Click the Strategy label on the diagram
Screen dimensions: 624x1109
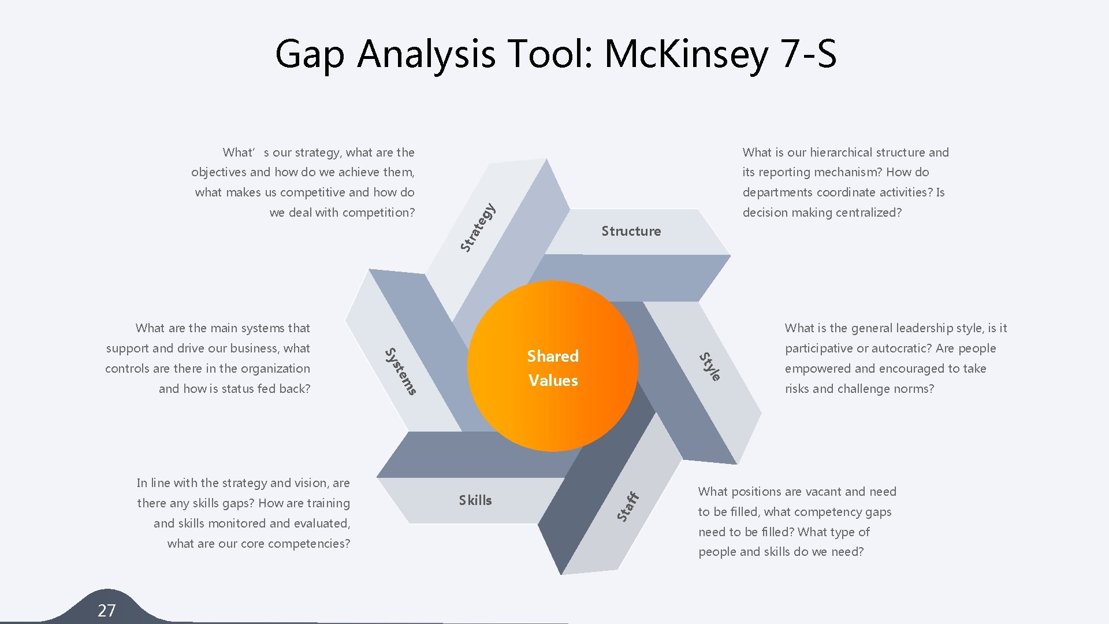478,228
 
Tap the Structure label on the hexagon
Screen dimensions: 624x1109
631,231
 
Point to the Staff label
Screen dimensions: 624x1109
627,507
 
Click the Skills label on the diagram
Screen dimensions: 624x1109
475,500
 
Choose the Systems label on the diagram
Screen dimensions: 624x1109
400,372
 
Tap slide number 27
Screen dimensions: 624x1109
106,610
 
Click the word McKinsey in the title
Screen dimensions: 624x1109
686,54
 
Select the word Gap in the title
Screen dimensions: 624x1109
310,55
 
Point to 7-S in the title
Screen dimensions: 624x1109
808,54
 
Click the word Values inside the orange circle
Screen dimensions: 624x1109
553,381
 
